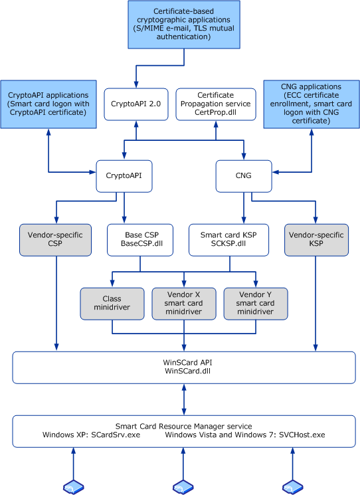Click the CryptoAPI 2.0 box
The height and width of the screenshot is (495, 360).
136,104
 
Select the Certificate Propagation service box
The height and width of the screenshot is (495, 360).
216,104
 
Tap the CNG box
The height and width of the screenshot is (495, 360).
244,176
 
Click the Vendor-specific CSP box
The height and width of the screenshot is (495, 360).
55,240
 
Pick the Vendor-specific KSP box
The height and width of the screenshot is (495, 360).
316,240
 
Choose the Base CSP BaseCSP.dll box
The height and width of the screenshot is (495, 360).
140,240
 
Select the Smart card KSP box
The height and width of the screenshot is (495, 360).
228,240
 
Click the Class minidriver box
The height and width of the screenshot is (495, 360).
112,304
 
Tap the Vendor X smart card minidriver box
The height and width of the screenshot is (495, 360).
184,304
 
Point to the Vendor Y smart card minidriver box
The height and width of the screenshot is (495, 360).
256,304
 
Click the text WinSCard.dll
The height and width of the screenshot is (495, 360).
187,371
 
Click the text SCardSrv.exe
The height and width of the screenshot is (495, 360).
116,435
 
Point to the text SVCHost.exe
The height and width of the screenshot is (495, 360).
302,435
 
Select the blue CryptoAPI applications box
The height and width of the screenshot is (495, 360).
48,104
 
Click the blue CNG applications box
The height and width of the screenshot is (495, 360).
312,104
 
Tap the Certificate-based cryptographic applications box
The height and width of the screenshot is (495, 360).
184,25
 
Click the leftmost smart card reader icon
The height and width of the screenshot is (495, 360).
74,487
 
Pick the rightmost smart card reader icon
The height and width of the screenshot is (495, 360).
292,487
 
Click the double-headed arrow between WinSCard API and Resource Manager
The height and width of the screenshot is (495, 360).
184,399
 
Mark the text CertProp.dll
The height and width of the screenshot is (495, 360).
215,112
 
